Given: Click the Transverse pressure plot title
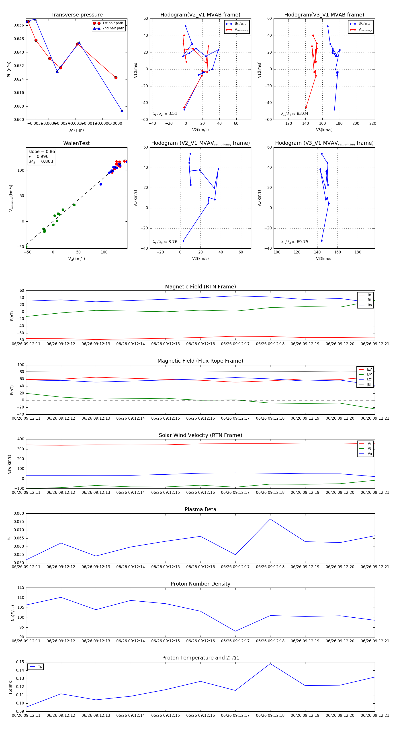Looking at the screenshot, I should pyautogui.click(x=76, y=15).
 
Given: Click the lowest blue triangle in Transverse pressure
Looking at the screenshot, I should pyautogui.click(x=122, y=111).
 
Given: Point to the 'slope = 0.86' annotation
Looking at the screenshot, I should pyautogui.click(x=41, y=151).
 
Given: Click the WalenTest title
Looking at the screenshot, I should pyautogui.click(x=76, y=143).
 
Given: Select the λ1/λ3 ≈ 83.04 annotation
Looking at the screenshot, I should pyautogui.click(x=295, y=114).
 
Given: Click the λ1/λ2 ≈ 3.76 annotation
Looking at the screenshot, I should pyautogui.click(x=165, y=242).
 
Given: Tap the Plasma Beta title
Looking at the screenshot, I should pyautogui.click(x=200, y=509).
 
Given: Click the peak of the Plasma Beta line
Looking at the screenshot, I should pyautogui.click(x=270, y=519).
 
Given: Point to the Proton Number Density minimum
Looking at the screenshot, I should pyautogui.click(x=235, y=631).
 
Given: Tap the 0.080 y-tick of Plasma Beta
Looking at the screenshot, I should pyautogui.click(x=19, y=514).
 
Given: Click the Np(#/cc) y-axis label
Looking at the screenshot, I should pyautogui.click(x=12, y=612).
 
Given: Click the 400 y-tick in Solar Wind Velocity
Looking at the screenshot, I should pyautogui.click(x=20, y=439).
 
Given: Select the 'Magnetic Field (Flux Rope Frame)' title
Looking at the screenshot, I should pyautogui.click(x=200, y=361).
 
